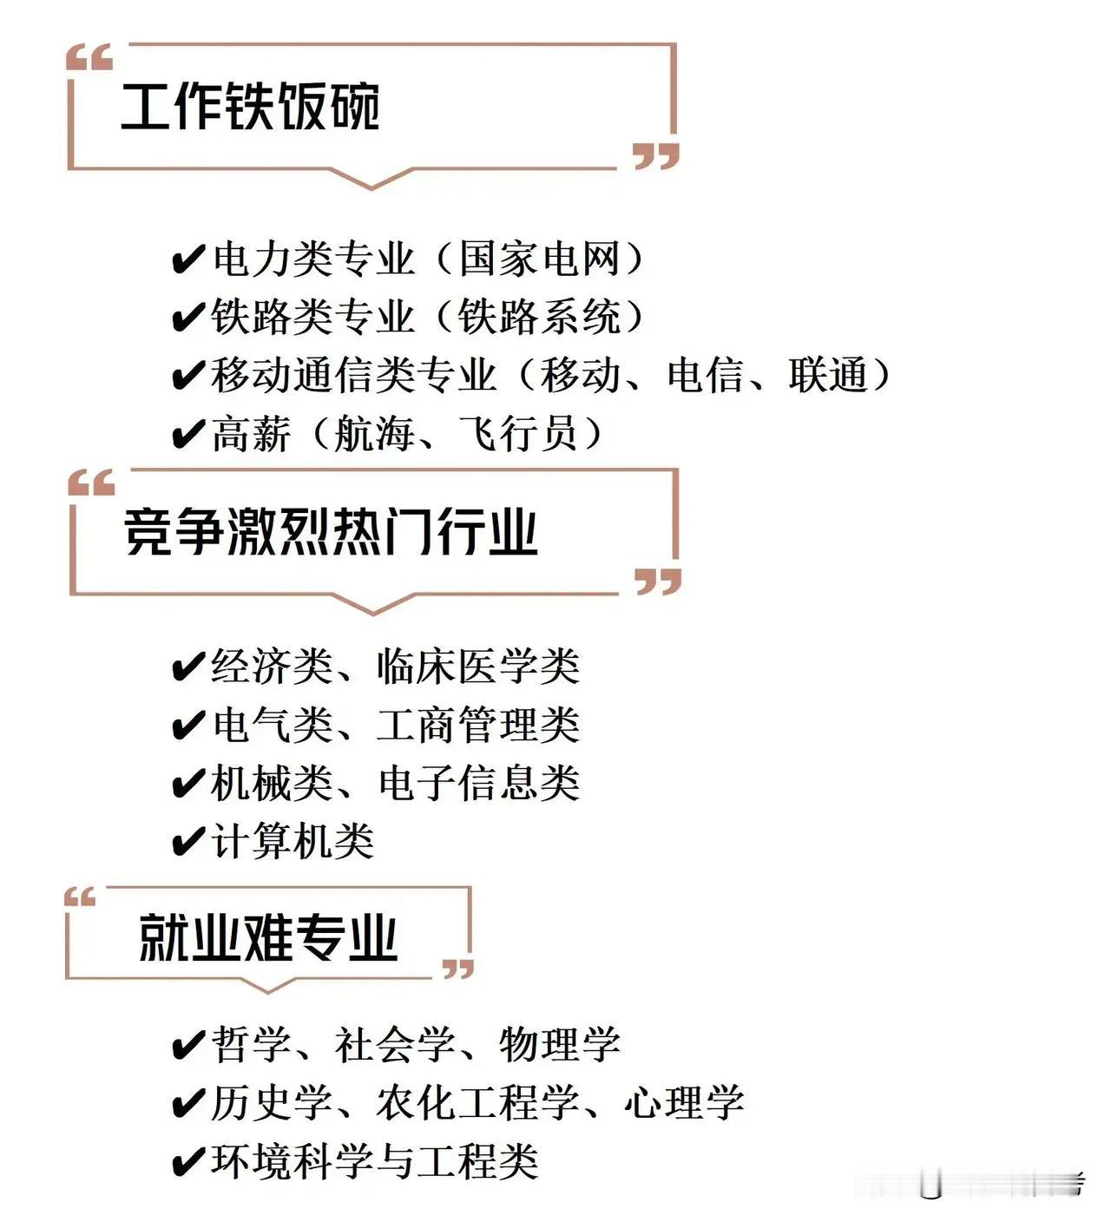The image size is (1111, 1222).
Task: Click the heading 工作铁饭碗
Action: tap(250, 107)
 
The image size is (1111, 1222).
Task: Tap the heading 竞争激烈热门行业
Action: tap(331, 531)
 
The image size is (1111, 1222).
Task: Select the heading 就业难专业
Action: tap(268, 938)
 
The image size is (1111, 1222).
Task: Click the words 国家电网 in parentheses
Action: tap(539, 260)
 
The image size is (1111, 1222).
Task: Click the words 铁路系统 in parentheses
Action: tap(539, 318)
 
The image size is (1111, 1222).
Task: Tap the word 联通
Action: tap(828, 376)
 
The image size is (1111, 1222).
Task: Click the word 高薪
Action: tap(251, 434)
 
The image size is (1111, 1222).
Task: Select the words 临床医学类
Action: tap(478, 667)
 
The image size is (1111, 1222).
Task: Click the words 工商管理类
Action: tap(478, 725)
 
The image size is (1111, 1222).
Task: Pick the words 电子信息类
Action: tap(478, 783)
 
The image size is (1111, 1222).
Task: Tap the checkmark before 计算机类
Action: tap(188, 842)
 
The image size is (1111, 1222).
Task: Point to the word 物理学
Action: tap(560, 1044)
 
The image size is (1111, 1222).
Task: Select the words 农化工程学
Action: tap(478, 1103)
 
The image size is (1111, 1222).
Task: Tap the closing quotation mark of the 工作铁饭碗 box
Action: tap(655, 157)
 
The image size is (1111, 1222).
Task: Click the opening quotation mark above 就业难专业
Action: tap(80, 897)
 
